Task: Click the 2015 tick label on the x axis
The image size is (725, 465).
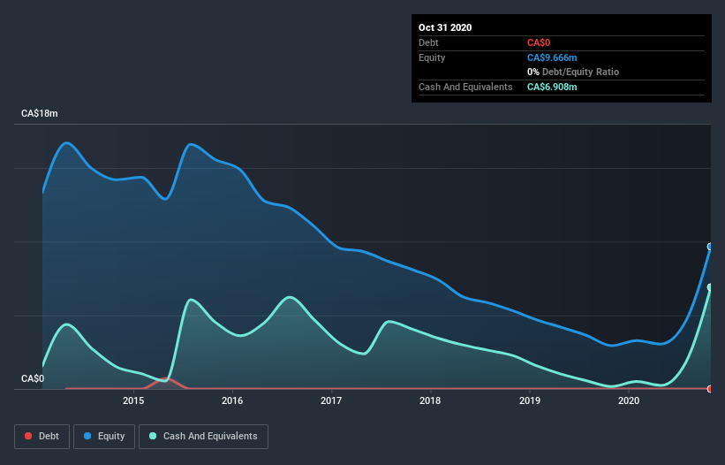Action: [133, 400]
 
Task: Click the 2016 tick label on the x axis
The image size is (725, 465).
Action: [232, 400]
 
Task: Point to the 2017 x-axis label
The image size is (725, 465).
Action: [331, 400]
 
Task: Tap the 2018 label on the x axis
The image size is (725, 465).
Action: [430, 400]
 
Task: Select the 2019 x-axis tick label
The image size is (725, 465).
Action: [529, 400]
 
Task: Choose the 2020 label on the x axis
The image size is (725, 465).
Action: [629, 400]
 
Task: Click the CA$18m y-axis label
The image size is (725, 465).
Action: [40, 114]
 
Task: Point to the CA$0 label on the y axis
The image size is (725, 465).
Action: [33, 378]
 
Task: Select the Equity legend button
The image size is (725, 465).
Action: [104, 436]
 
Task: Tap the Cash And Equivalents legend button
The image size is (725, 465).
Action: [203, 436]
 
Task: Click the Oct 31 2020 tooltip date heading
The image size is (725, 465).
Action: [445, 27]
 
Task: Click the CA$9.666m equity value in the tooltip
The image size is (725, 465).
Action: [552, 57]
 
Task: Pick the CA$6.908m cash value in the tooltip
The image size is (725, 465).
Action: [552, 87]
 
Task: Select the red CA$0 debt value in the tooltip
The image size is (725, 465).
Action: [540, 42]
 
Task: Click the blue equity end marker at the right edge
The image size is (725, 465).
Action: [710, 247]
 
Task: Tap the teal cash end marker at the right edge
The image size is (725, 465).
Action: [710, 287]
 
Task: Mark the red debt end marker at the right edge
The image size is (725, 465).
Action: [710, 388]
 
